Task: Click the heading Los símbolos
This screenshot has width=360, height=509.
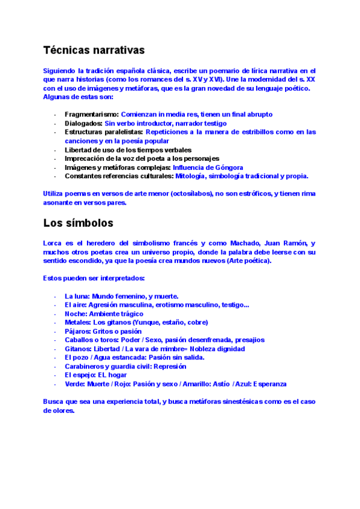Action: [x=78, y=223]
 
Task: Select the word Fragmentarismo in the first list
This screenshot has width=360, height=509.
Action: [x=92, y=114]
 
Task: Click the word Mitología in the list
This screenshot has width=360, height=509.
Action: [x=191, y=176]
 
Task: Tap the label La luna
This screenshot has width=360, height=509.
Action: [x=76, y=297]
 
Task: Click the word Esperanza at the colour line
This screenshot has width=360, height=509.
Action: [x=269, y=384]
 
